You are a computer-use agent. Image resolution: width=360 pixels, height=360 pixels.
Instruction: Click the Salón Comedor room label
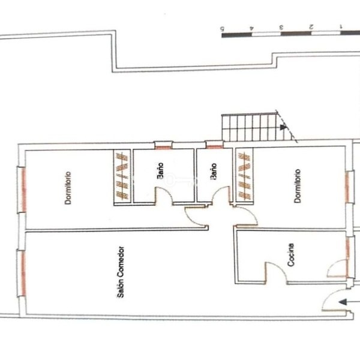point(121,272)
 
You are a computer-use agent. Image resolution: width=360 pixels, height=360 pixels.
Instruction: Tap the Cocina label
point(290,255)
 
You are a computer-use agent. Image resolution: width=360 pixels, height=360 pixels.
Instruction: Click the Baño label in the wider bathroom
point(160,170)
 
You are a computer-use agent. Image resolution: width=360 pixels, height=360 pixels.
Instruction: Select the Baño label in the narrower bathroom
point(213,171)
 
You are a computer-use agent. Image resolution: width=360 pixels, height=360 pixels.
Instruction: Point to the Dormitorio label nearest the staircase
point(298,186)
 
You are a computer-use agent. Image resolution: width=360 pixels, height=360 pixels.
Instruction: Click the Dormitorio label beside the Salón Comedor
point(68,188)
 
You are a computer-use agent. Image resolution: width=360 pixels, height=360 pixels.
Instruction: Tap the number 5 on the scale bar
point(222,29)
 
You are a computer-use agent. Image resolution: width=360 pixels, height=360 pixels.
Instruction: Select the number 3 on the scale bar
point(281,28)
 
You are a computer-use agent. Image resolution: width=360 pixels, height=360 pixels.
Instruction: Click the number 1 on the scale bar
point(341,26)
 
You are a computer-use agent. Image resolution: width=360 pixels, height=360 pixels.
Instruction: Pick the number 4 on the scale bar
point(251,28)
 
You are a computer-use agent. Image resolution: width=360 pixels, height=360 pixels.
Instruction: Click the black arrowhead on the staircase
point(283,127)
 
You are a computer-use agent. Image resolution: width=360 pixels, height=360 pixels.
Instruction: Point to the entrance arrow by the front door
point(349,302)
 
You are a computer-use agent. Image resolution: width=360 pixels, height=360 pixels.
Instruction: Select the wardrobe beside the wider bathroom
point(122,176)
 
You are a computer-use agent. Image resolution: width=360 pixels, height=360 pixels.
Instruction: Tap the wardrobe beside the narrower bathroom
point(244,176)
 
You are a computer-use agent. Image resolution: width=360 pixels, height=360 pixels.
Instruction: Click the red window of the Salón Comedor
point(23,273)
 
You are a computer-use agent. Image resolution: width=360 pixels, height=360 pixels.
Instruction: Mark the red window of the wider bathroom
point(163,148)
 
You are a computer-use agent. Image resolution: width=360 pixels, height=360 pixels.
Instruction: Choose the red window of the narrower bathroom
point(214,146)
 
